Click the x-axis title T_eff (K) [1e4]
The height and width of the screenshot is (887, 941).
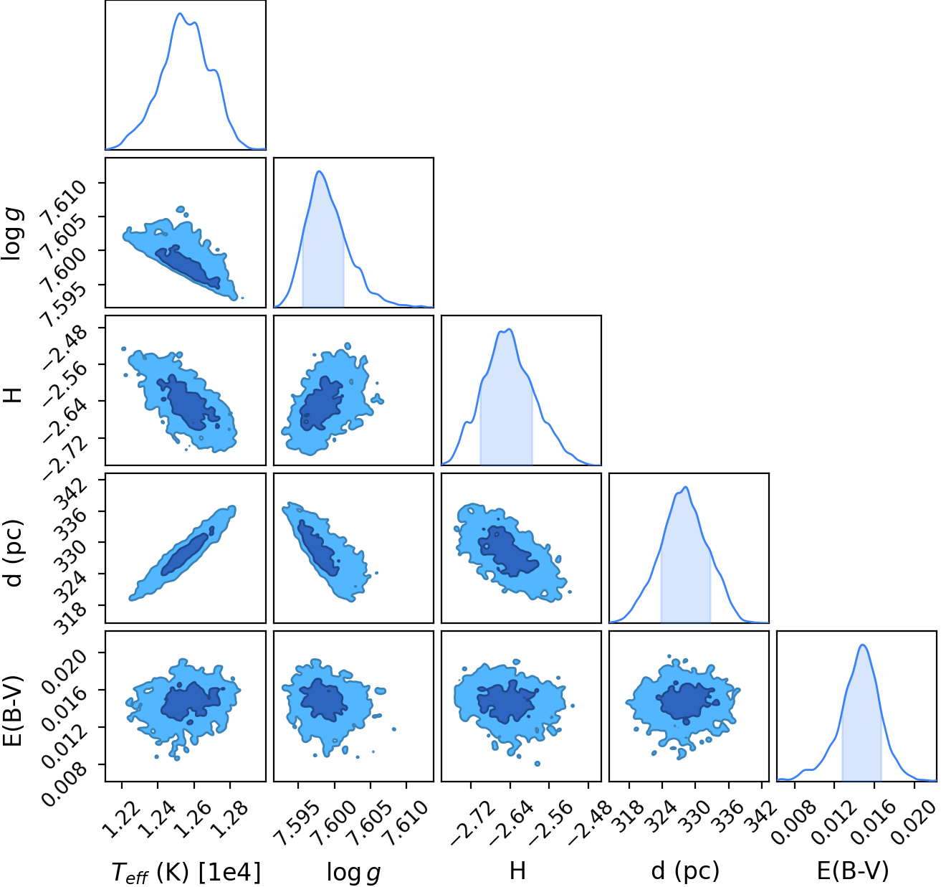[x=186, y=871]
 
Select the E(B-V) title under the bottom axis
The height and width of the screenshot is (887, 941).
[x=853, y=870]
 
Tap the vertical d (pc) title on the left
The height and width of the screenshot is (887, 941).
[x=14, y=554]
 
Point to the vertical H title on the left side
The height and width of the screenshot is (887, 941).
[x=14, y=394]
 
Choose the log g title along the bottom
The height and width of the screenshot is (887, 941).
[x=353, y=871]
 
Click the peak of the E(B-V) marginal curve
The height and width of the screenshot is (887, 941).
[x=863, y=645]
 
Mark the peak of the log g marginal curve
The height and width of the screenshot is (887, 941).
[x=320, y=171]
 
